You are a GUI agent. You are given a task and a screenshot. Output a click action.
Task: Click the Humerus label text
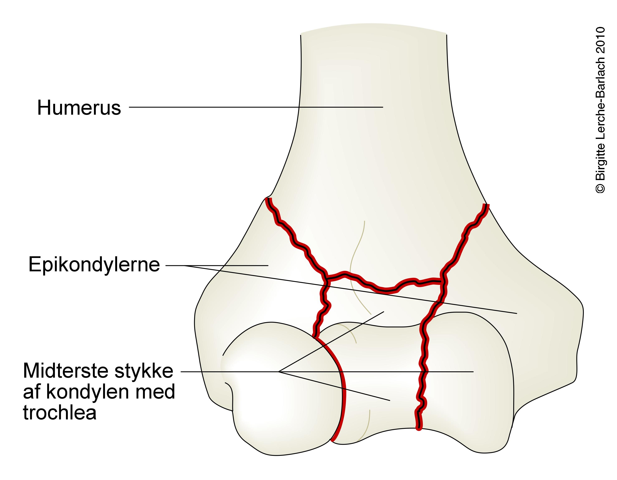coord(79,108)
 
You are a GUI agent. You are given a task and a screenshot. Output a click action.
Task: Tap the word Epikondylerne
coord(94,265)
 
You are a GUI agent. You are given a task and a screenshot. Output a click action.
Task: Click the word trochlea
coord(60,413)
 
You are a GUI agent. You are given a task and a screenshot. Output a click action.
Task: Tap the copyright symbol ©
coord(600,189)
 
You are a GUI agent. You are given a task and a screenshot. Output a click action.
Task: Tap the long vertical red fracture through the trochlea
coord(423,367)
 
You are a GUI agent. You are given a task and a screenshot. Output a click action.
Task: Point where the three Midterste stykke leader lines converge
coord(279,372)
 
